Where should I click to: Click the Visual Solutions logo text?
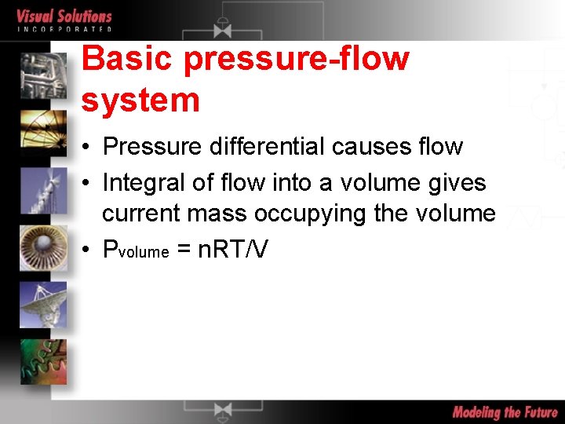pos(64,15)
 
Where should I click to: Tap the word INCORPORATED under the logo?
pos(64,29)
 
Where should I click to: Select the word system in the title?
pos(140,101)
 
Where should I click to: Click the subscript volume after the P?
pos(144,253)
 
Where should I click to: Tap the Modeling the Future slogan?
pos(505,412)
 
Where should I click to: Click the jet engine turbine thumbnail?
pos(44,247)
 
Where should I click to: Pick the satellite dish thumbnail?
pos(44,303)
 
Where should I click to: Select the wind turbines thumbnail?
pos(44,191)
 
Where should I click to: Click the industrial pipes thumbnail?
pos(44,76)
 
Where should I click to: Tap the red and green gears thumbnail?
pos(44,360)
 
